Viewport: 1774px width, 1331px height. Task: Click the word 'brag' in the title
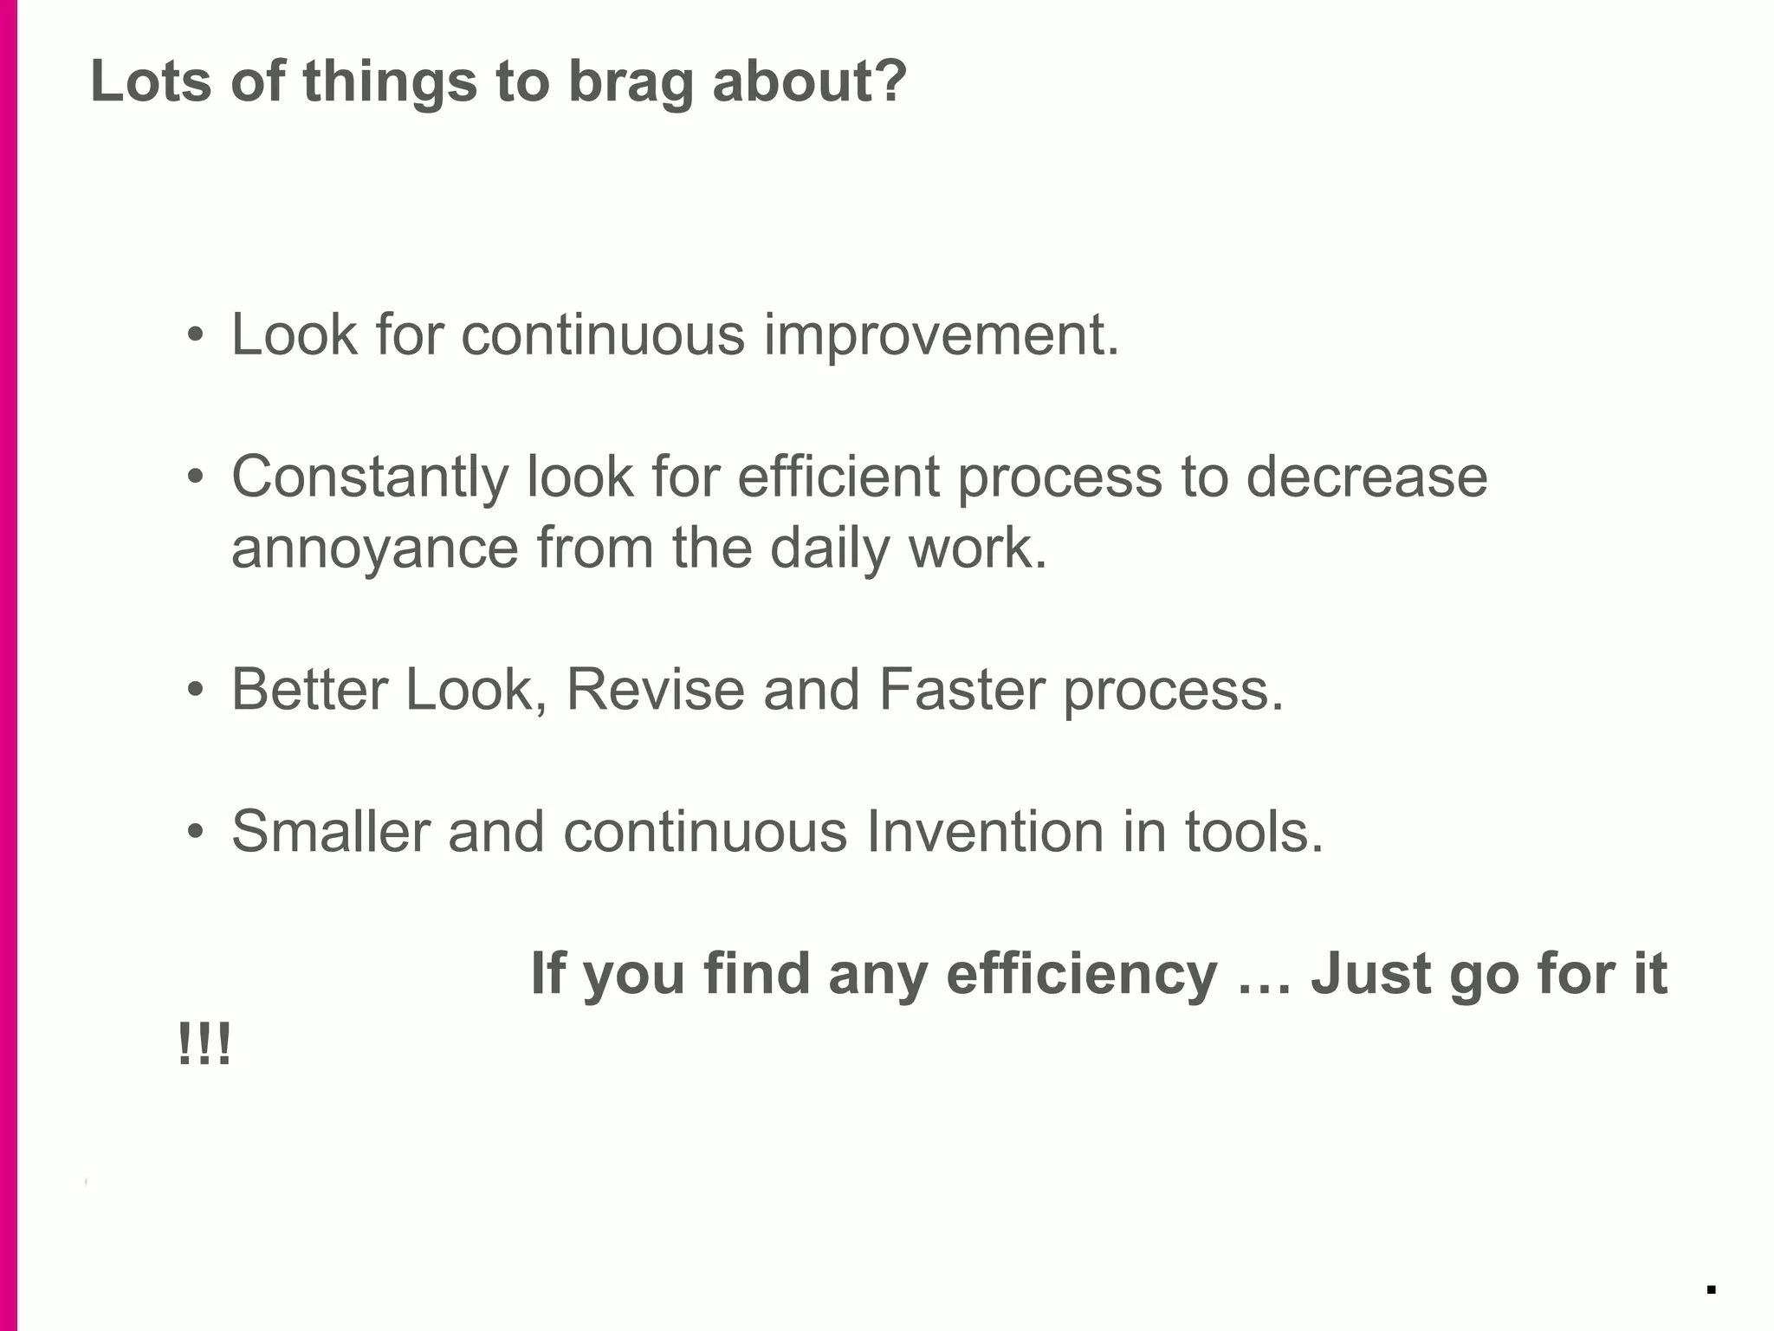(x=631, y=83)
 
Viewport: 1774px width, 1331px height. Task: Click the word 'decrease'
(x=1366, y=477)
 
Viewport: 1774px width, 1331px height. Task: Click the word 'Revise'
(x=655, y=691)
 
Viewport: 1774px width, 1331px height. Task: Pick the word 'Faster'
(x=961, y=691)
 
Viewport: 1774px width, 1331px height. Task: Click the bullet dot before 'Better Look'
(x=196, y=690)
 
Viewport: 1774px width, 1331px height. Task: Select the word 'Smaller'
(x=330, y=832)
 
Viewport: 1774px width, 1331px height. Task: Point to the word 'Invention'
(x=984, y=832)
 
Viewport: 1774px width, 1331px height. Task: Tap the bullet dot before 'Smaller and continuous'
(x=196, y=832)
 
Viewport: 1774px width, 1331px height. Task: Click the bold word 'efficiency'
(x=1081, y=974)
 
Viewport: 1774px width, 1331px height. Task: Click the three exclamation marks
(x=204, y=1045)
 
